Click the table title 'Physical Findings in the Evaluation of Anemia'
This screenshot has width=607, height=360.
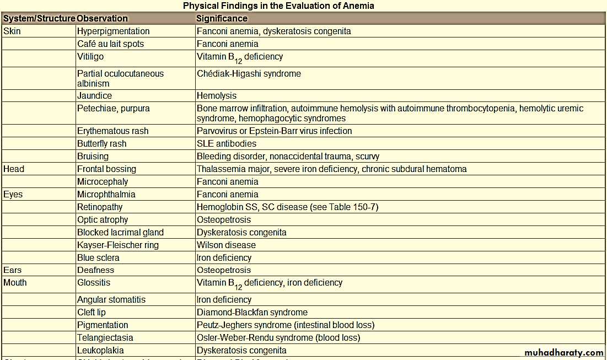coord(278,6)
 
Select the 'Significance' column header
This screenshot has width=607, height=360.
coord(222,19)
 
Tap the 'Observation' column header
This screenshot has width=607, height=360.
coord(103,19)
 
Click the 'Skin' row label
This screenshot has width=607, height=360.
coord(12,31)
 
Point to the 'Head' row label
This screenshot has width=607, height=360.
coord(14,169)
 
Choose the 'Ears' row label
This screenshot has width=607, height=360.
coord(13,270)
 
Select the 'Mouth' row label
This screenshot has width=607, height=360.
coord(15,283)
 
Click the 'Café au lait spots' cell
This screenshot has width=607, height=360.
coord(110,44)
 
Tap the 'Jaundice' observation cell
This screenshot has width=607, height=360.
coord(94,96)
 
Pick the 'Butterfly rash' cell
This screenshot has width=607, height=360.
coord(101,144)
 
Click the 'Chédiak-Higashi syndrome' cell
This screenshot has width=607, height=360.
coord(249,74)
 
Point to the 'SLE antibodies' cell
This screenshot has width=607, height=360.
coord(227,144)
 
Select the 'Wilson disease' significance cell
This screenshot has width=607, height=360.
coord(226,245)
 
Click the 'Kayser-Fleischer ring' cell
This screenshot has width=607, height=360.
coord(117,245)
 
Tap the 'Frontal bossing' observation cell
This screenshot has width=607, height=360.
coord(106,169)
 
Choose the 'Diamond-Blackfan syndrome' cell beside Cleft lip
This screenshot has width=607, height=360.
coord(252,313)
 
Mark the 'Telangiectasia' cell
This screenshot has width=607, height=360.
coord(105,338)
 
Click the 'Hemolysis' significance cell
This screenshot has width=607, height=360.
coord(217,96)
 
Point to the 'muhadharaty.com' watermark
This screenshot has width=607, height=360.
coord(563,353)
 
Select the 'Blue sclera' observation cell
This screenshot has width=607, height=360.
coord(98,258)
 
